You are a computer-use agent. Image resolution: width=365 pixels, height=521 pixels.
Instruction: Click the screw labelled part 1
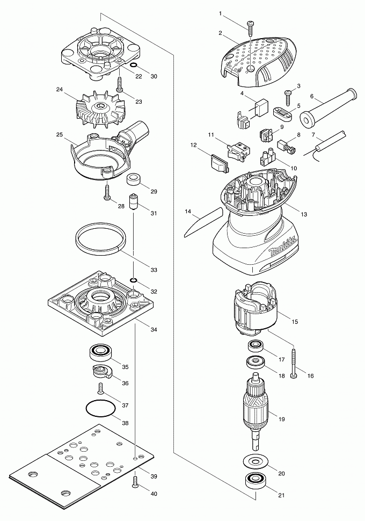[251, 25]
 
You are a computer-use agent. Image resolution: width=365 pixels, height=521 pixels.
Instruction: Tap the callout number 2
[221, 33]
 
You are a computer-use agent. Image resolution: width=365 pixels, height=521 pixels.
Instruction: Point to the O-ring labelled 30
[134, 68]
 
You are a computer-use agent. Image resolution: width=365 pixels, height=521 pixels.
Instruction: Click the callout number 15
[295, 322]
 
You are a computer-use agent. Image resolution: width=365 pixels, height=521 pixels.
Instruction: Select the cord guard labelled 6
[322, 107]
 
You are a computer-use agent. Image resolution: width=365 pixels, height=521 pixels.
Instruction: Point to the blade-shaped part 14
[203, 220]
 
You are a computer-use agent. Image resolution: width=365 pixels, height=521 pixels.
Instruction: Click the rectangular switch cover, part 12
[217, 162]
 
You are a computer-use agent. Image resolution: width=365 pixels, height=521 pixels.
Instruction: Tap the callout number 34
[155, 330]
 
